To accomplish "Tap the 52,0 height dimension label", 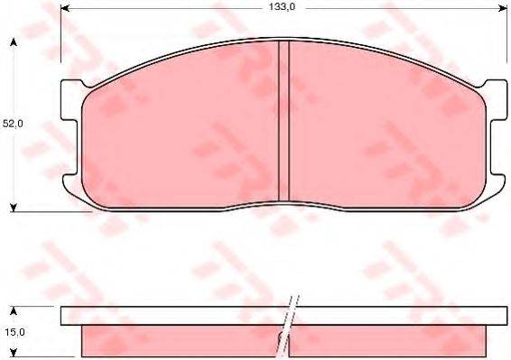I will [x=11, y=124].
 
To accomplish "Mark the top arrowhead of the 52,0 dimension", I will [x=13, y=43].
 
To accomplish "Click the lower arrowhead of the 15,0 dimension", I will [x=13, y=354].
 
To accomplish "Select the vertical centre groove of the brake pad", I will [x=283, y=122].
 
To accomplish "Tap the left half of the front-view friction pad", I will [x=181, y=126].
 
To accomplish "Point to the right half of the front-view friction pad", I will [x=379, y=126].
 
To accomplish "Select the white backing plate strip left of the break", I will [x=172, y=317].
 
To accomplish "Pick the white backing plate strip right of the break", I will [x=397, y=317].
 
